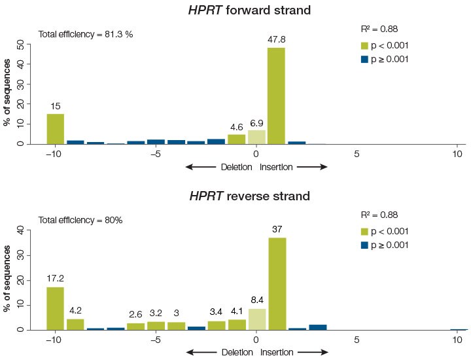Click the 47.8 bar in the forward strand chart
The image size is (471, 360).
(x=276, y=96)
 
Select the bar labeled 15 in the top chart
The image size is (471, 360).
(x=55, y=128)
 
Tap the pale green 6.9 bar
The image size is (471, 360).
(x=256, y=137)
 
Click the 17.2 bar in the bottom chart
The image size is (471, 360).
(x=55, y=308)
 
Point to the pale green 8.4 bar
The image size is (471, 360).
(x=256, y=319)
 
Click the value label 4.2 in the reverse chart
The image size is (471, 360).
(x=75, y=311)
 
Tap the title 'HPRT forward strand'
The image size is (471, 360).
(x=237, y=10)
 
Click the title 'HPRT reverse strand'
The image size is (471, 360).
(x=236, y=196)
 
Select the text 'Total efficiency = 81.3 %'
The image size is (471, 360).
(x=86, y=34)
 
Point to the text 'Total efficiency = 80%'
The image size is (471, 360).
(x=80, y=220)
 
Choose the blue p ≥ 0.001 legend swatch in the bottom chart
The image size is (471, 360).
(x=366, y=245)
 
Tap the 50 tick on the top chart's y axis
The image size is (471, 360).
(x=20, y=45)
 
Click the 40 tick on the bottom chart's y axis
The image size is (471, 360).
(x=20, y=230)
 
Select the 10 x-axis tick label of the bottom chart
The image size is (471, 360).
(x=457, y=340)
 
